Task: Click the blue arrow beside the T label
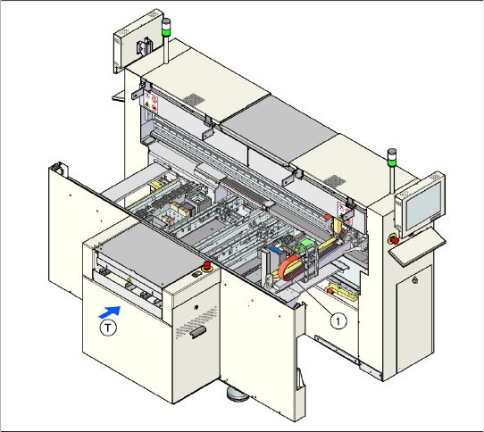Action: pyautogui.click(x=110, y=312)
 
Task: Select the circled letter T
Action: pyautogui.click(x=108, y=328)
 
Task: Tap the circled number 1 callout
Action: pyautogui.click(x=338, y=321)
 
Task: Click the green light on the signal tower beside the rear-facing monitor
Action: pyautogui.click(x=166, y=32)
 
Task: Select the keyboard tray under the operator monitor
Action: pyautogui.click(x=417, y=247)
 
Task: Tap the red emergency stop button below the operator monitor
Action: pyautogui.click(x=394, y=239)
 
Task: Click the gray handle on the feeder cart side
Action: pyautogui.click(x=198, y=332)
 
